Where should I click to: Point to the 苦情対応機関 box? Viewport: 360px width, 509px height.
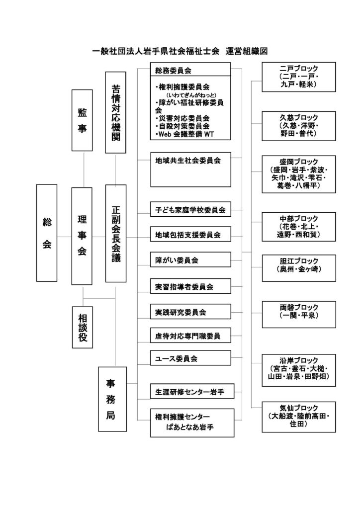click(x=116, y=112)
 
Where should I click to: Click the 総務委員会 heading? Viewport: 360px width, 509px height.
click(x=190, y=70)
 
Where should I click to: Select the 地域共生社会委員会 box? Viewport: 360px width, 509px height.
click(x=190, y=170)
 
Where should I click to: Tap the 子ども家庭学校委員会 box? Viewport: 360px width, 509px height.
click(x=190, y=210)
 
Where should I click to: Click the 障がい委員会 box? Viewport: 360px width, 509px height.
click(x=190, y=259)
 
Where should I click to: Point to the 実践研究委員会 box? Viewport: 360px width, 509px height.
click(x=190, y=312)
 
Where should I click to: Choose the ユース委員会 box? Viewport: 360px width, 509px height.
click(x=190, y=358)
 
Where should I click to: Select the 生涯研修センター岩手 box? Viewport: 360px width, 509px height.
click(x=190, y=391)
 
